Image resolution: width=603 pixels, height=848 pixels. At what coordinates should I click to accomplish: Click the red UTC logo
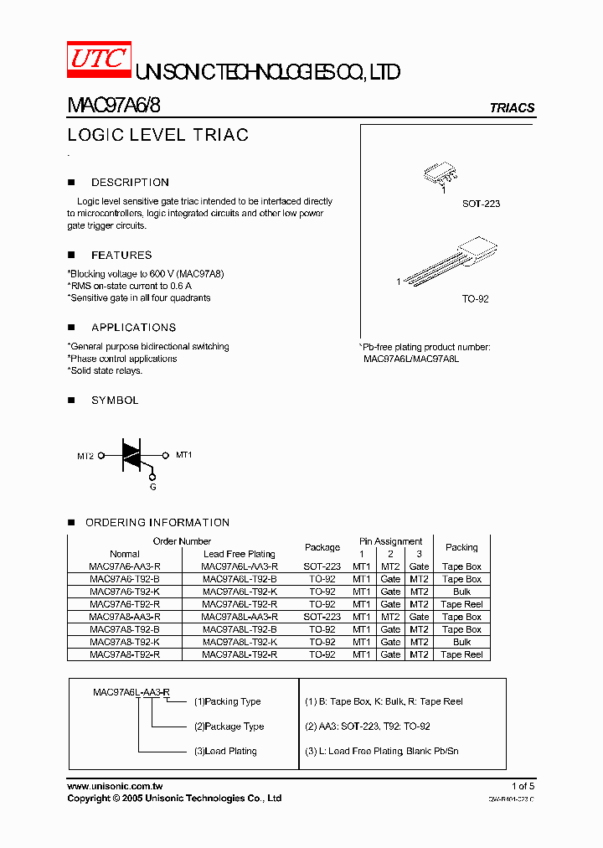pos(98,59)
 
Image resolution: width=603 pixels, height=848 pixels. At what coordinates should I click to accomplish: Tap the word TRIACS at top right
pos(512,108)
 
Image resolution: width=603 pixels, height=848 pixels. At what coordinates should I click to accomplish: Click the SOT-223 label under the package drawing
pos(481,204)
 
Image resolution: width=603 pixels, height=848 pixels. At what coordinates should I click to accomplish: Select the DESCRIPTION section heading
pos(130,182)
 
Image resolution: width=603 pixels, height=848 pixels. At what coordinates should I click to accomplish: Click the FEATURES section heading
pos(121,255)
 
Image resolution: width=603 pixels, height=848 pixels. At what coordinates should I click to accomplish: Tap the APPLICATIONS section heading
pos(133,328)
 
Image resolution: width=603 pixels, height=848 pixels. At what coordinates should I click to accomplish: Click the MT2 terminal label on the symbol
pos(85,456)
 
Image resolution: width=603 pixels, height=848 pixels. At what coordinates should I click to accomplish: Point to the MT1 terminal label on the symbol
pos(183,455)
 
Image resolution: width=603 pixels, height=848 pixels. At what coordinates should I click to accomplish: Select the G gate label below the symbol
pos(152,487)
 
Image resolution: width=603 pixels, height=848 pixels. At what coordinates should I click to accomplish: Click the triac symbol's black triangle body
pos(132,453)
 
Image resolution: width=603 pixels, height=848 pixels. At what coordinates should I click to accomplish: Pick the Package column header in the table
pos(322,547)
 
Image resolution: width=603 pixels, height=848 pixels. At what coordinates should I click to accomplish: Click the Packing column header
pos(461,547)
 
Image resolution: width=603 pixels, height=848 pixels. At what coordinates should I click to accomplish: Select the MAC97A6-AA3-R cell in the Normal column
pos(125,566)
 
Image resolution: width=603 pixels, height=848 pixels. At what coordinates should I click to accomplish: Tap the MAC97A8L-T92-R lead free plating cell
pos(240,654)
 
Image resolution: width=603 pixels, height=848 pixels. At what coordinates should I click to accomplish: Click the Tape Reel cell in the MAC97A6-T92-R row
pos(461,604)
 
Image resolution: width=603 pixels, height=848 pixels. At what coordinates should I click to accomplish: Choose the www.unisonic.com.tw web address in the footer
pos(115,786)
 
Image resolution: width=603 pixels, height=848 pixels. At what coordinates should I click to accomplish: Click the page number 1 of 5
pos(523,786)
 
